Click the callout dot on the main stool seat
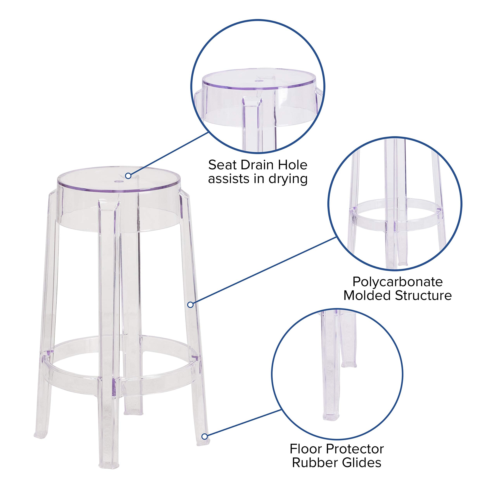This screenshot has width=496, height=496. [x=128, y=176]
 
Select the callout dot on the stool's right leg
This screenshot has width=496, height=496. [x=190, y=305]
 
